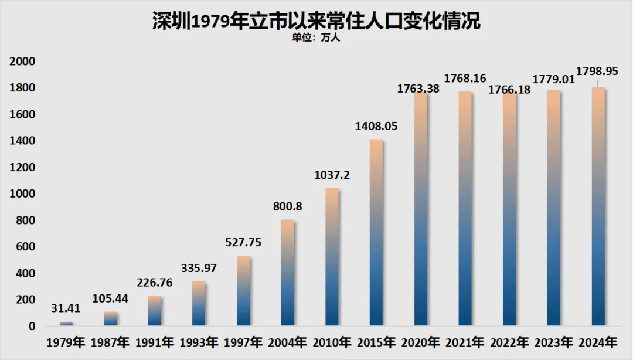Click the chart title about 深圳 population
click(316, 21)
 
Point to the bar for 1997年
click(243, 291)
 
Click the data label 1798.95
click(597, 71)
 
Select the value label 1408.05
click(376, 125)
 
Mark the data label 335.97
click(199, 268)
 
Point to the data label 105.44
click(110, 298)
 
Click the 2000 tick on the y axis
click(24, 62)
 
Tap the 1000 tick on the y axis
click(24, 194)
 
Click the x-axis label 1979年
click(66, 342)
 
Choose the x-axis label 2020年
click(420, 342)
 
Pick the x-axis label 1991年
click(155, 342)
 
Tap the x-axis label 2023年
click(553, 342)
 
